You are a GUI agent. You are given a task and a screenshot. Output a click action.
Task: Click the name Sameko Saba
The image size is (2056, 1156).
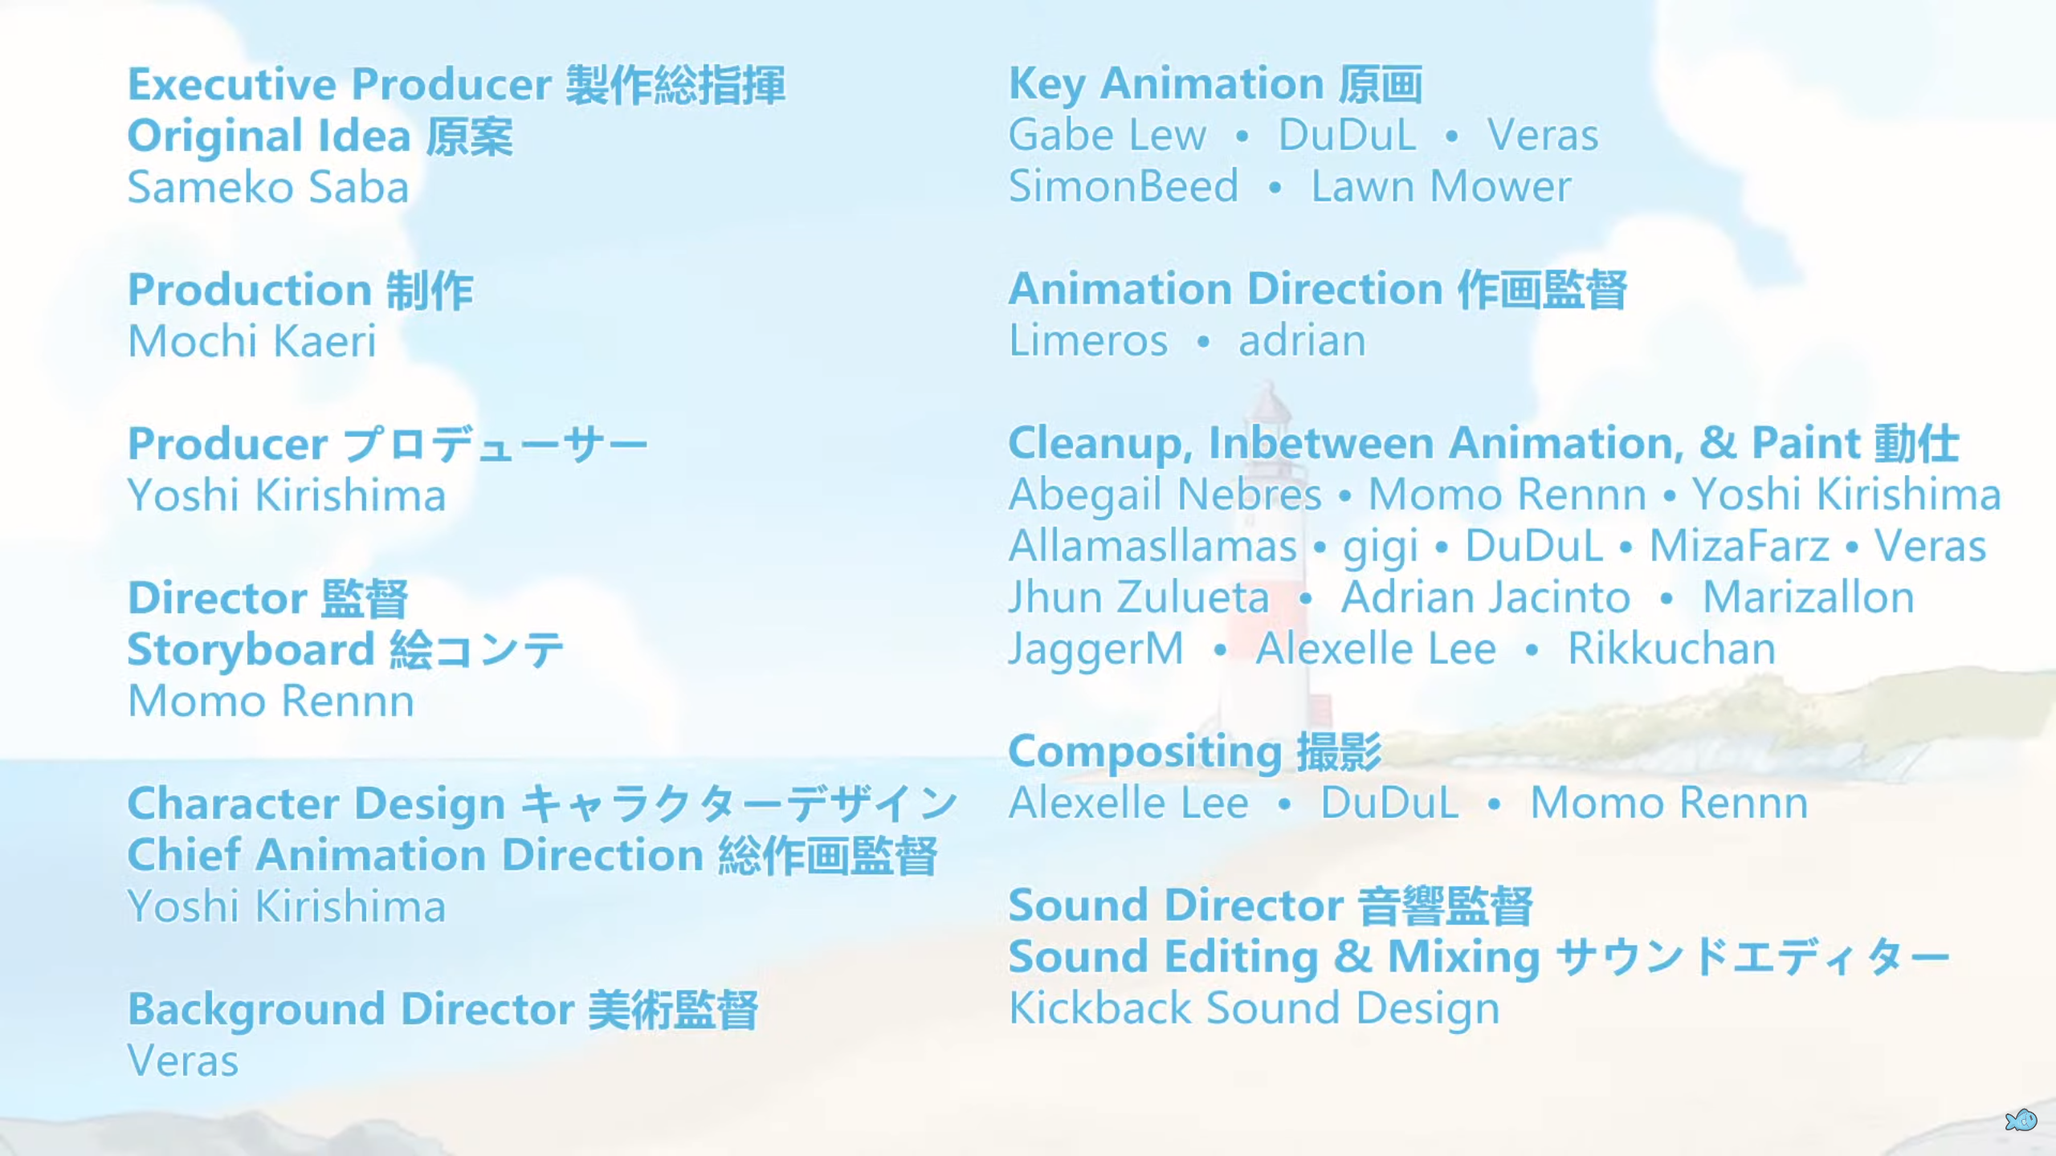tap(268, 188)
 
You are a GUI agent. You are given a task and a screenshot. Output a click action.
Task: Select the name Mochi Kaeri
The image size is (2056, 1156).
tap(252, 341)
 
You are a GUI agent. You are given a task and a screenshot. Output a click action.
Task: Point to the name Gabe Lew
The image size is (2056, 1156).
tap(1108, 135)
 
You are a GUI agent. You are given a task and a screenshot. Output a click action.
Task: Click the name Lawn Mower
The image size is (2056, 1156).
tap(1441, 187)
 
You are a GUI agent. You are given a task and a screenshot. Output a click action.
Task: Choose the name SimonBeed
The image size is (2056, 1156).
tap(1124, 187)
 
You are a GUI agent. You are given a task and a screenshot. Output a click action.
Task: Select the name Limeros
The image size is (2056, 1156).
tap(1088, 341)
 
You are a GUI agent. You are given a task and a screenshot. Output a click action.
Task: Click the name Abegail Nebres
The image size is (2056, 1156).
tap(1165, 495)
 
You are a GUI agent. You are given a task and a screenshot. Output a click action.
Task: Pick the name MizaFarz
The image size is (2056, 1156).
tap(1740, 547)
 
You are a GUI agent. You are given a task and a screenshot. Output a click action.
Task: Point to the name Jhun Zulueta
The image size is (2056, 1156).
tap(1139, 598)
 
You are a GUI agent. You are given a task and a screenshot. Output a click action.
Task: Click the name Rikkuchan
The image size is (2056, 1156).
tap(1671, 649)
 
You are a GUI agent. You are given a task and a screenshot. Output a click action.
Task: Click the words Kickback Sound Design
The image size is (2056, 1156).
tap(1254, 1010)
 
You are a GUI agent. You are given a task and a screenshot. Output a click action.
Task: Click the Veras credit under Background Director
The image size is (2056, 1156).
tap(183, 1061)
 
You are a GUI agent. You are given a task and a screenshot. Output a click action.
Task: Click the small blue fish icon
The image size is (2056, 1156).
tap(2021, 1120)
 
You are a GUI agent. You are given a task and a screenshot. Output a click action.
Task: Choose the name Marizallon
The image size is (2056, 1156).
tap(1809, 598)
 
